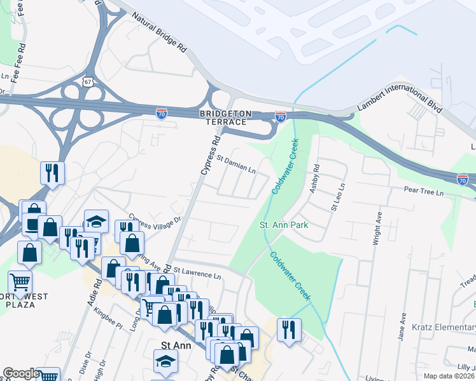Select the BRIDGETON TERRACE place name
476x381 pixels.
223,117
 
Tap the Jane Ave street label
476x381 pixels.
402,326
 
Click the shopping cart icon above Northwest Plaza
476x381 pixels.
20,282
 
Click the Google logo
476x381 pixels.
20,373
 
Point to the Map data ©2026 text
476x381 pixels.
446,376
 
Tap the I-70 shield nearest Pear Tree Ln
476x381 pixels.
463,180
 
